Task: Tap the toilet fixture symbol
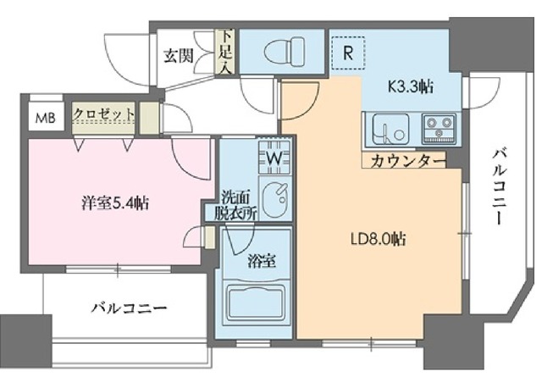tap(282, 52)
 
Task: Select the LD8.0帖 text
tap(379, 239)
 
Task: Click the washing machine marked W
tap(275, 158)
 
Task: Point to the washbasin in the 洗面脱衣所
tap(274, 201)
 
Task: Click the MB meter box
tap(42, 115)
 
